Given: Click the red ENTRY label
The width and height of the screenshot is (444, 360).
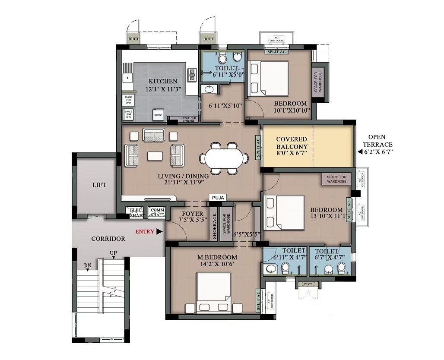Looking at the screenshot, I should point(145,231).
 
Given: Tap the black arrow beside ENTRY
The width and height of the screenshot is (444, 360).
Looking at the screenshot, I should point(160,231).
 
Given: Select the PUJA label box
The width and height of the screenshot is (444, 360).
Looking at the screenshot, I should point(218,198).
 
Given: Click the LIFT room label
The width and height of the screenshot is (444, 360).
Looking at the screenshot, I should point(99,185).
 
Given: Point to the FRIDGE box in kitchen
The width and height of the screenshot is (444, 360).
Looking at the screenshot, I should point(159,115).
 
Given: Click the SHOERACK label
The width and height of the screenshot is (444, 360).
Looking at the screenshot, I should point(214,227).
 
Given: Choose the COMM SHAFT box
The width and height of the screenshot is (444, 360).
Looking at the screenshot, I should point(157,212).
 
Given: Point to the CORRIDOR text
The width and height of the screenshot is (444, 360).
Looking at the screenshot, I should point(108,238).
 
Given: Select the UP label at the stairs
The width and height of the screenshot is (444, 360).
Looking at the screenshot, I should point(114,253).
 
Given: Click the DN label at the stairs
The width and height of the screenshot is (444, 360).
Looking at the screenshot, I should point(87,265).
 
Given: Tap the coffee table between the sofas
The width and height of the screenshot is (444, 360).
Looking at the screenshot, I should point(154,155).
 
